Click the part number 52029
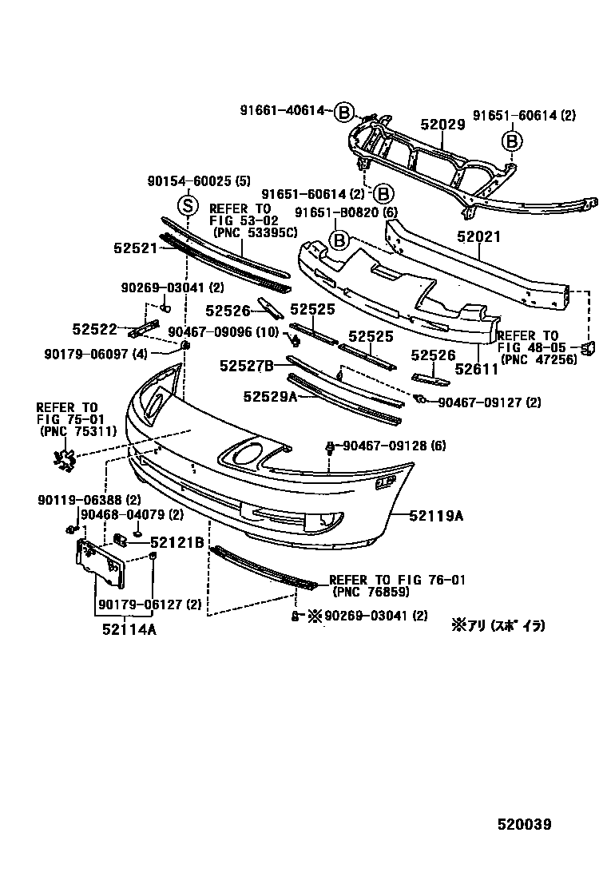[442, 125]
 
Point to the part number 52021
[478, 237]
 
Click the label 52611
[477, 369]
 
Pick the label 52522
[94, 328]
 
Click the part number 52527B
[247, 366]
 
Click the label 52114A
[129, 629]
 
